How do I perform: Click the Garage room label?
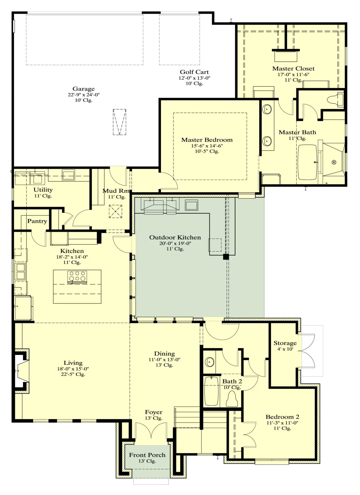[x=83, y=89]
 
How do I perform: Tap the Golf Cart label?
[x=194, y=72]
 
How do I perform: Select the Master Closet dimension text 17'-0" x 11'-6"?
[x=293, y=75]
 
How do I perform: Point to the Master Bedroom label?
[x=207, y=140]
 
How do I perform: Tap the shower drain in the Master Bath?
[x=334, y=162]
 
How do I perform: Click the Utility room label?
[x=43, y=190]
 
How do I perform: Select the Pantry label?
[x=37, y=221]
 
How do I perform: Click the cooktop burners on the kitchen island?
[x=77, y=276]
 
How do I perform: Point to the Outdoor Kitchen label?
[x=175, y=237]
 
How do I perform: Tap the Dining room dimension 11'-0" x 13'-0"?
[x=164, y=360]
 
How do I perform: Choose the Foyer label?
[x=154, y=412]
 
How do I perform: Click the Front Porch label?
[x=147, y=455]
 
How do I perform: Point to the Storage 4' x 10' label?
[x=285, y=346]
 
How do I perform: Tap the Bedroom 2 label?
[x=282, y=417]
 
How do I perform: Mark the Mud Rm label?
[x=116, y=191]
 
